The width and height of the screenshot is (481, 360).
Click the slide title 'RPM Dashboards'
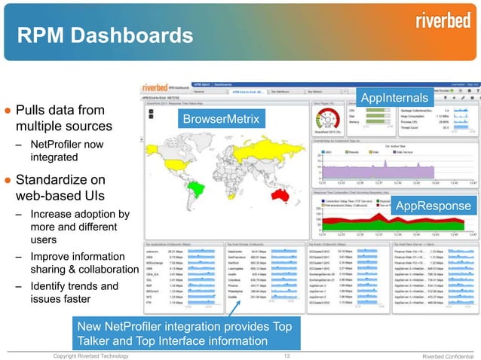[x=105, y=35]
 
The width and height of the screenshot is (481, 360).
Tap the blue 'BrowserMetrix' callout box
[x=221, y=119]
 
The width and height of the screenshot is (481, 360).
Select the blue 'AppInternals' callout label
[x=395, y=99]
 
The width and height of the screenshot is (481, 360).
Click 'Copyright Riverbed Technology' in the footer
[x=90, y=355]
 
